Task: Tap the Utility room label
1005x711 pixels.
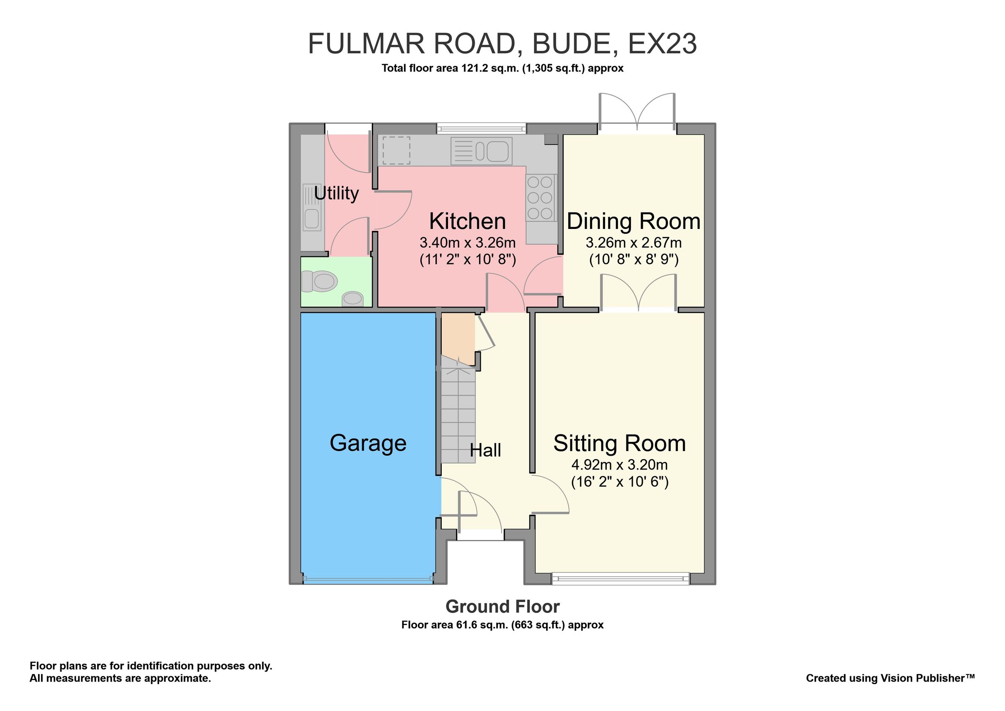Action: (336, 193)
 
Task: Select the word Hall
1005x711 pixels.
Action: (485, 450)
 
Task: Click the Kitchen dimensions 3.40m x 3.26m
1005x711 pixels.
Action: (467, 242)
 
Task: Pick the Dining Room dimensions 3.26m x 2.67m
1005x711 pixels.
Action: (634, 242)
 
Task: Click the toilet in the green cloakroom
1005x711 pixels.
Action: (320, 281)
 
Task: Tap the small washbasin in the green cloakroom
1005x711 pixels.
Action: (352, 299)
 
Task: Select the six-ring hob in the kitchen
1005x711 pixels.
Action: (540, 197)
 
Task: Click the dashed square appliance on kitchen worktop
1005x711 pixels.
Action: (397, 150)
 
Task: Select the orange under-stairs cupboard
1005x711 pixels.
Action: (457, 337)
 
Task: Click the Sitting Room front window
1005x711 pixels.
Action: (620, 579)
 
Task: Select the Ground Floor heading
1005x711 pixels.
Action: (502, 607)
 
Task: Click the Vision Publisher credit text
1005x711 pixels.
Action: (890, 678)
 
